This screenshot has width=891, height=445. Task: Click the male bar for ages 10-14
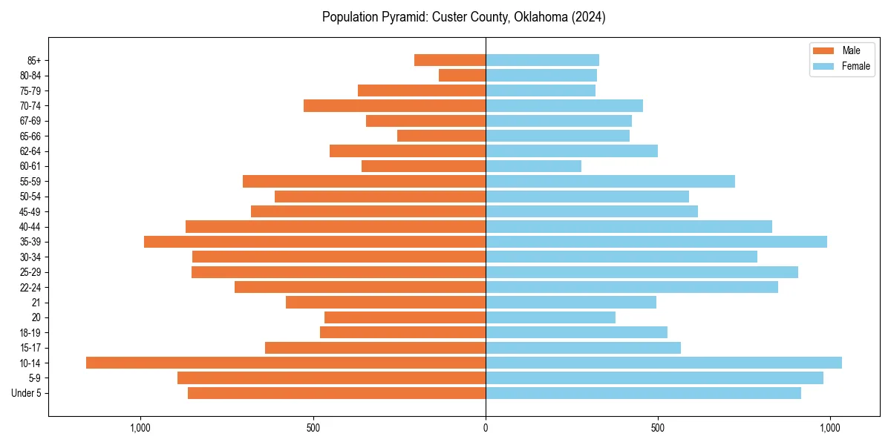coord(286,363)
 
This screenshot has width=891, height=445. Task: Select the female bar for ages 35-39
coord(656,242)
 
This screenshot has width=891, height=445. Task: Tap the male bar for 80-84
coord(462,75)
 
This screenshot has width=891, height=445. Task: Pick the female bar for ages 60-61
coord(533,166)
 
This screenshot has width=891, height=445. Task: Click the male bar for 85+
coord(450,60)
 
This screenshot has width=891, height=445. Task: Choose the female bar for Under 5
coord(643,393)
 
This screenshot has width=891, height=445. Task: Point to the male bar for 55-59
coord(364,181)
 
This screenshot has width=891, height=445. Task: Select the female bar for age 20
coord(550,317)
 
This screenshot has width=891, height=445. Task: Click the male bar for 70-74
coord(394,105)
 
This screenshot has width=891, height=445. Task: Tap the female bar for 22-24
coord(632,287)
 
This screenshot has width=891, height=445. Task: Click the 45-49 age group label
coord(30,211)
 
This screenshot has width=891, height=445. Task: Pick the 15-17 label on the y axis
coord(30,348)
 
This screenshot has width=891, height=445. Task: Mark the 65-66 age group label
coord(30,136)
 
